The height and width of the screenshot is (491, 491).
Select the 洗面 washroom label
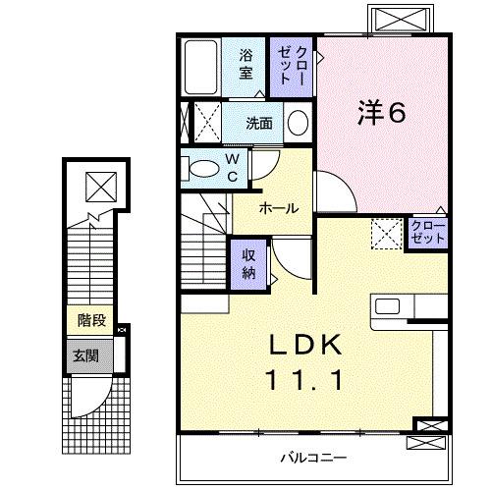(x=259, y=124)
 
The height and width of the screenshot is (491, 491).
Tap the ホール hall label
(x=279, y=208)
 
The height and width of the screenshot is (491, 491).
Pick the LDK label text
(x=305, y=345)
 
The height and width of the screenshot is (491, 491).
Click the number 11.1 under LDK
(x=305, y=379)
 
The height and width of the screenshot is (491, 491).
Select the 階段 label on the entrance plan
(x=92, y=319)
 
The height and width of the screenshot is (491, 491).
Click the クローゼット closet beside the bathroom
(x=292, y=65)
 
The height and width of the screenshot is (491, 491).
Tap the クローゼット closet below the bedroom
(x=428, y=234)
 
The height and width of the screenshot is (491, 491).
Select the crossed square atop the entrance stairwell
(x=99, y=185)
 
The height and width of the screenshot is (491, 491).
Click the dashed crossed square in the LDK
(x=386, y=235)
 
